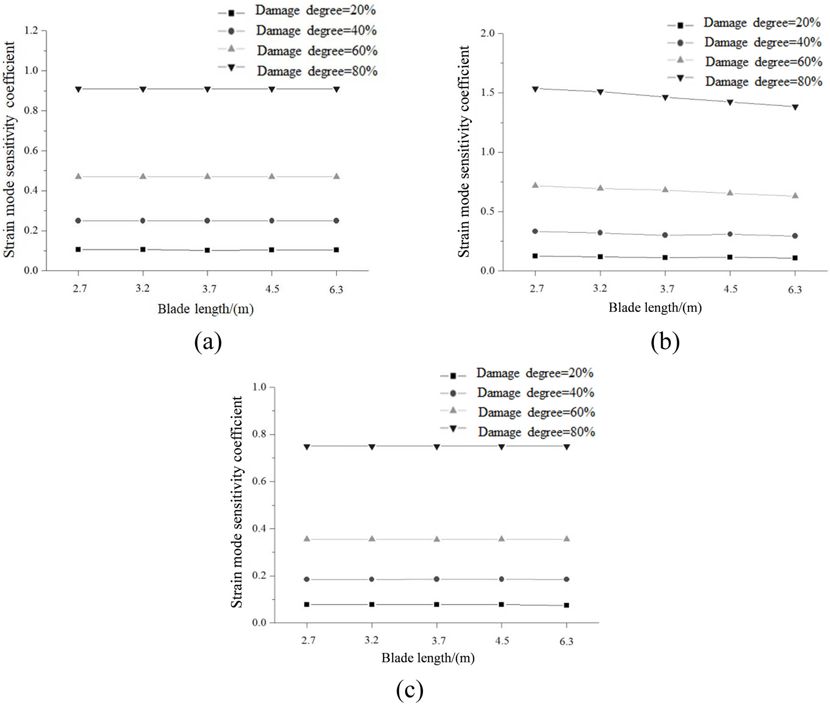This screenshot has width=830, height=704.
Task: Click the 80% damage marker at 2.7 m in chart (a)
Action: (x=78, y=89)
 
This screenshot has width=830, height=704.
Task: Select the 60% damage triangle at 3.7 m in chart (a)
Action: (x=208, y=177)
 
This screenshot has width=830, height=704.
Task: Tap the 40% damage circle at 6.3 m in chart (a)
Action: (x=336, y=221)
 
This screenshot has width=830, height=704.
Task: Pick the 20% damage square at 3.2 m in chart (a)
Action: (x=143, y=250)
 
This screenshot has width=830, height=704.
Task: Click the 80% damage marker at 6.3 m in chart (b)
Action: (x=795, y=107)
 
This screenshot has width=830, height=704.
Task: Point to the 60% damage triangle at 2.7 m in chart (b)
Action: (x=535, y=185)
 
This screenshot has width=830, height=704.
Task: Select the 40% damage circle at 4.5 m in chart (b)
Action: (x=730, y=234)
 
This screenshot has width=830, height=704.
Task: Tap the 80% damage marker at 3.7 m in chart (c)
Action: (x=437, y=447)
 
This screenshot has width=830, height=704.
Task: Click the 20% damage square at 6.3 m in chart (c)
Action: (x=566, y=605)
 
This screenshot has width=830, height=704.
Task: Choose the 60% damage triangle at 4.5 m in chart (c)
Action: (x=502, y=539)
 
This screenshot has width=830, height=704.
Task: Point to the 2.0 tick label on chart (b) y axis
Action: (x=488, y=33)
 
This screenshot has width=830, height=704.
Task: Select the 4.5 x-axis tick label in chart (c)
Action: (x=502, y=640)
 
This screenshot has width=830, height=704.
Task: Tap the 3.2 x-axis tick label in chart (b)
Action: (x=600, y=288)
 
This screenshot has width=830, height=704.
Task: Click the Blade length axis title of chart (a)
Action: (x=205, y=309)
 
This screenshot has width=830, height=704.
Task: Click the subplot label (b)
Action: (x=665, y=342)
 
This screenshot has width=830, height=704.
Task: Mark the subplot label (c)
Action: (x=409, y=689)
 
